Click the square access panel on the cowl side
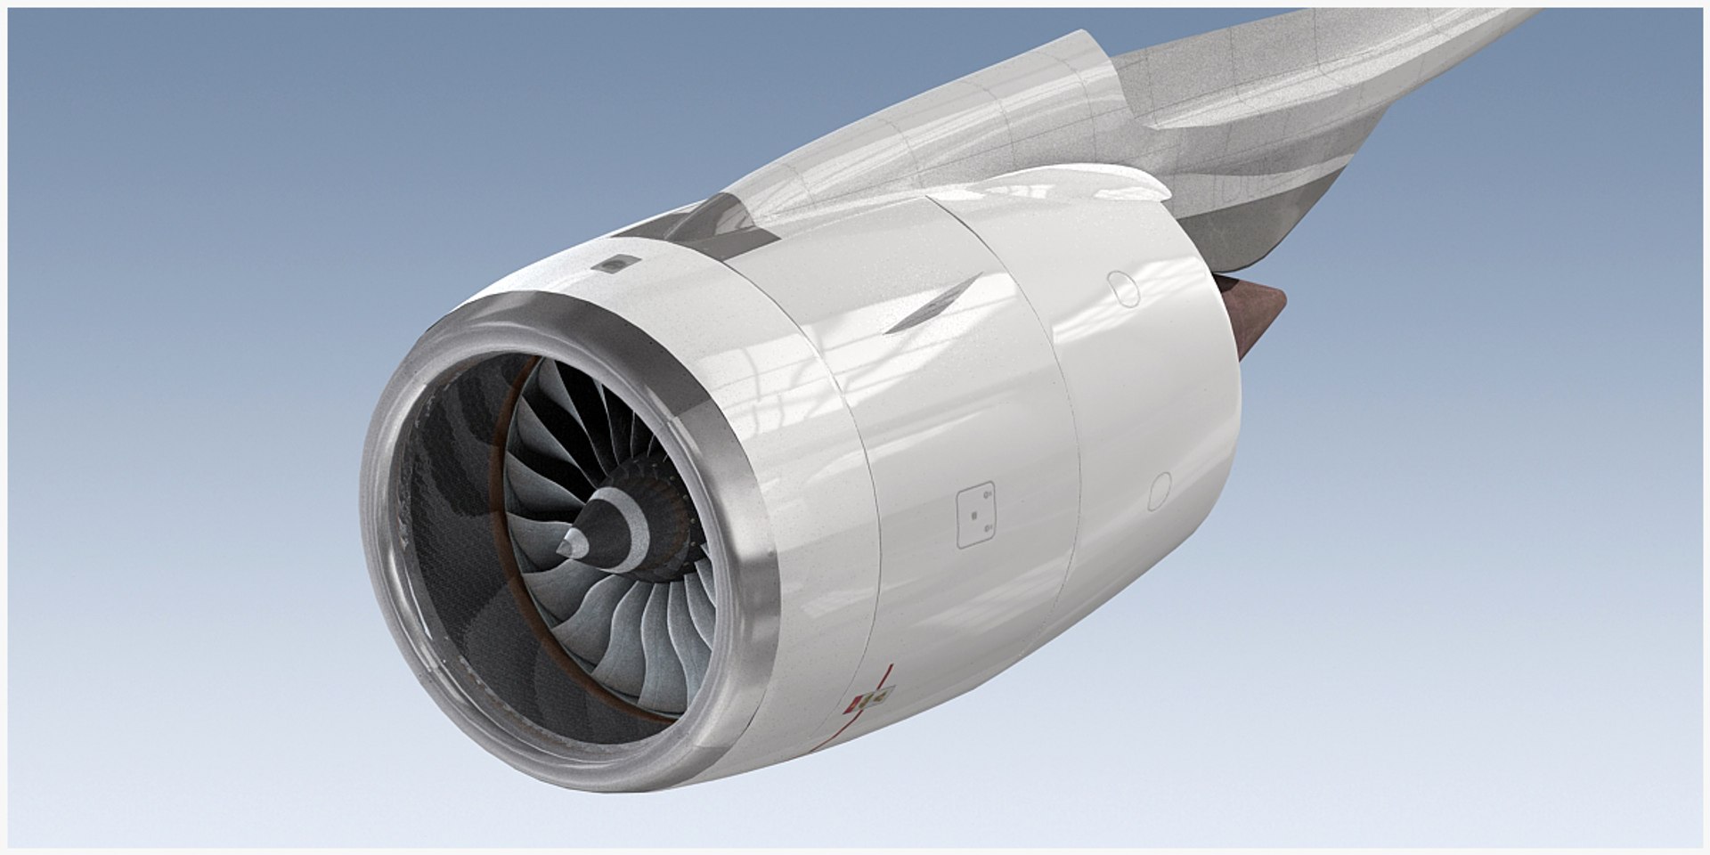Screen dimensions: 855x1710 coord(975,516)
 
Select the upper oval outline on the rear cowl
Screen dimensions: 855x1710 coord(1124,289)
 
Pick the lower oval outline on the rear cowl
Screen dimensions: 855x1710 coord(1159,492)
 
